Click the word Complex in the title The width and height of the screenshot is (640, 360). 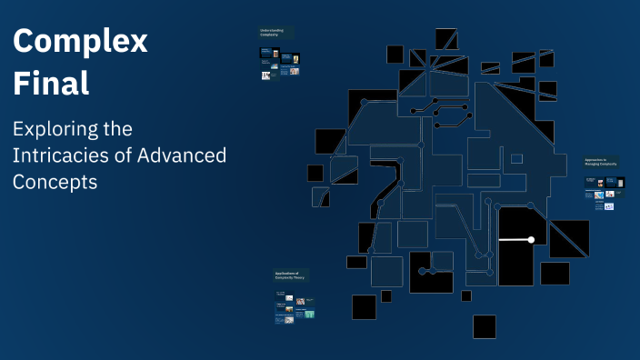(x=80, y=42)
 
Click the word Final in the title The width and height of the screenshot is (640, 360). (x=51, y=84)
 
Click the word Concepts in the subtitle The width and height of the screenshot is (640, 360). (x=55, y=181)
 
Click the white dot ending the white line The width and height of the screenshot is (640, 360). (x=531, y=240)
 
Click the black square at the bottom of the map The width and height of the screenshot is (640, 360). (x=484, y=326)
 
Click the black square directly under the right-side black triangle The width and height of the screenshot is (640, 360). (x=555, y=273)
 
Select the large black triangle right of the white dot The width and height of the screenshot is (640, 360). (x=569, y=238)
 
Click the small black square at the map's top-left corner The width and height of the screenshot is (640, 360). (x=395, y=55)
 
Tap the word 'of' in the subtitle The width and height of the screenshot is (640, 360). (x=121, y=155)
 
